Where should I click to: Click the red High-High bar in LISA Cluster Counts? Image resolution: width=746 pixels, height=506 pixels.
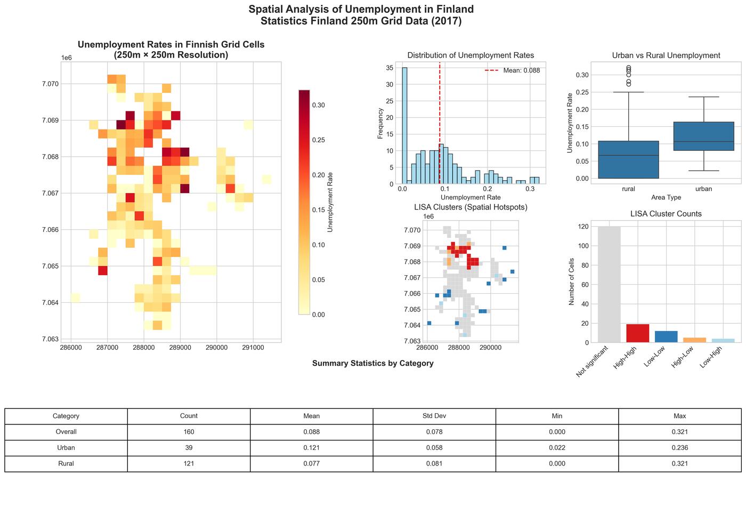coord(637,333)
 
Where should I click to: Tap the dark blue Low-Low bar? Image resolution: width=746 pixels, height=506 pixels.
coord(666,336)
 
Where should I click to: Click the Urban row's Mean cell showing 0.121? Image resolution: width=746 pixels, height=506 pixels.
coord(312,448)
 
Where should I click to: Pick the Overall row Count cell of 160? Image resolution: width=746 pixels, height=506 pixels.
coord(189,432)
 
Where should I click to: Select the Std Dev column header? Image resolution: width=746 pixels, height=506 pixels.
coord(434,416)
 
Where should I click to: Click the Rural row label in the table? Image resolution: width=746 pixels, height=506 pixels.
coord(66,463)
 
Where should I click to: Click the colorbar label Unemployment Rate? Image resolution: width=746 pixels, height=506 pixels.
coord(330,202)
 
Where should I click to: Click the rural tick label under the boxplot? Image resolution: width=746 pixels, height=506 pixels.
coord(628,189)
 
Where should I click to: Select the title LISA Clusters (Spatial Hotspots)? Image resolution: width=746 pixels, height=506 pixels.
coord(471,207)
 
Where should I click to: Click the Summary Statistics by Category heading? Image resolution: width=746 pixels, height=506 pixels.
coord(372,363)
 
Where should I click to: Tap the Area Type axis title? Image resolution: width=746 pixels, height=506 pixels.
coord(666,197)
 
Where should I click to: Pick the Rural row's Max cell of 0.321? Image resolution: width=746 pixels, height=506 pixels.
coord(679,463)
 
